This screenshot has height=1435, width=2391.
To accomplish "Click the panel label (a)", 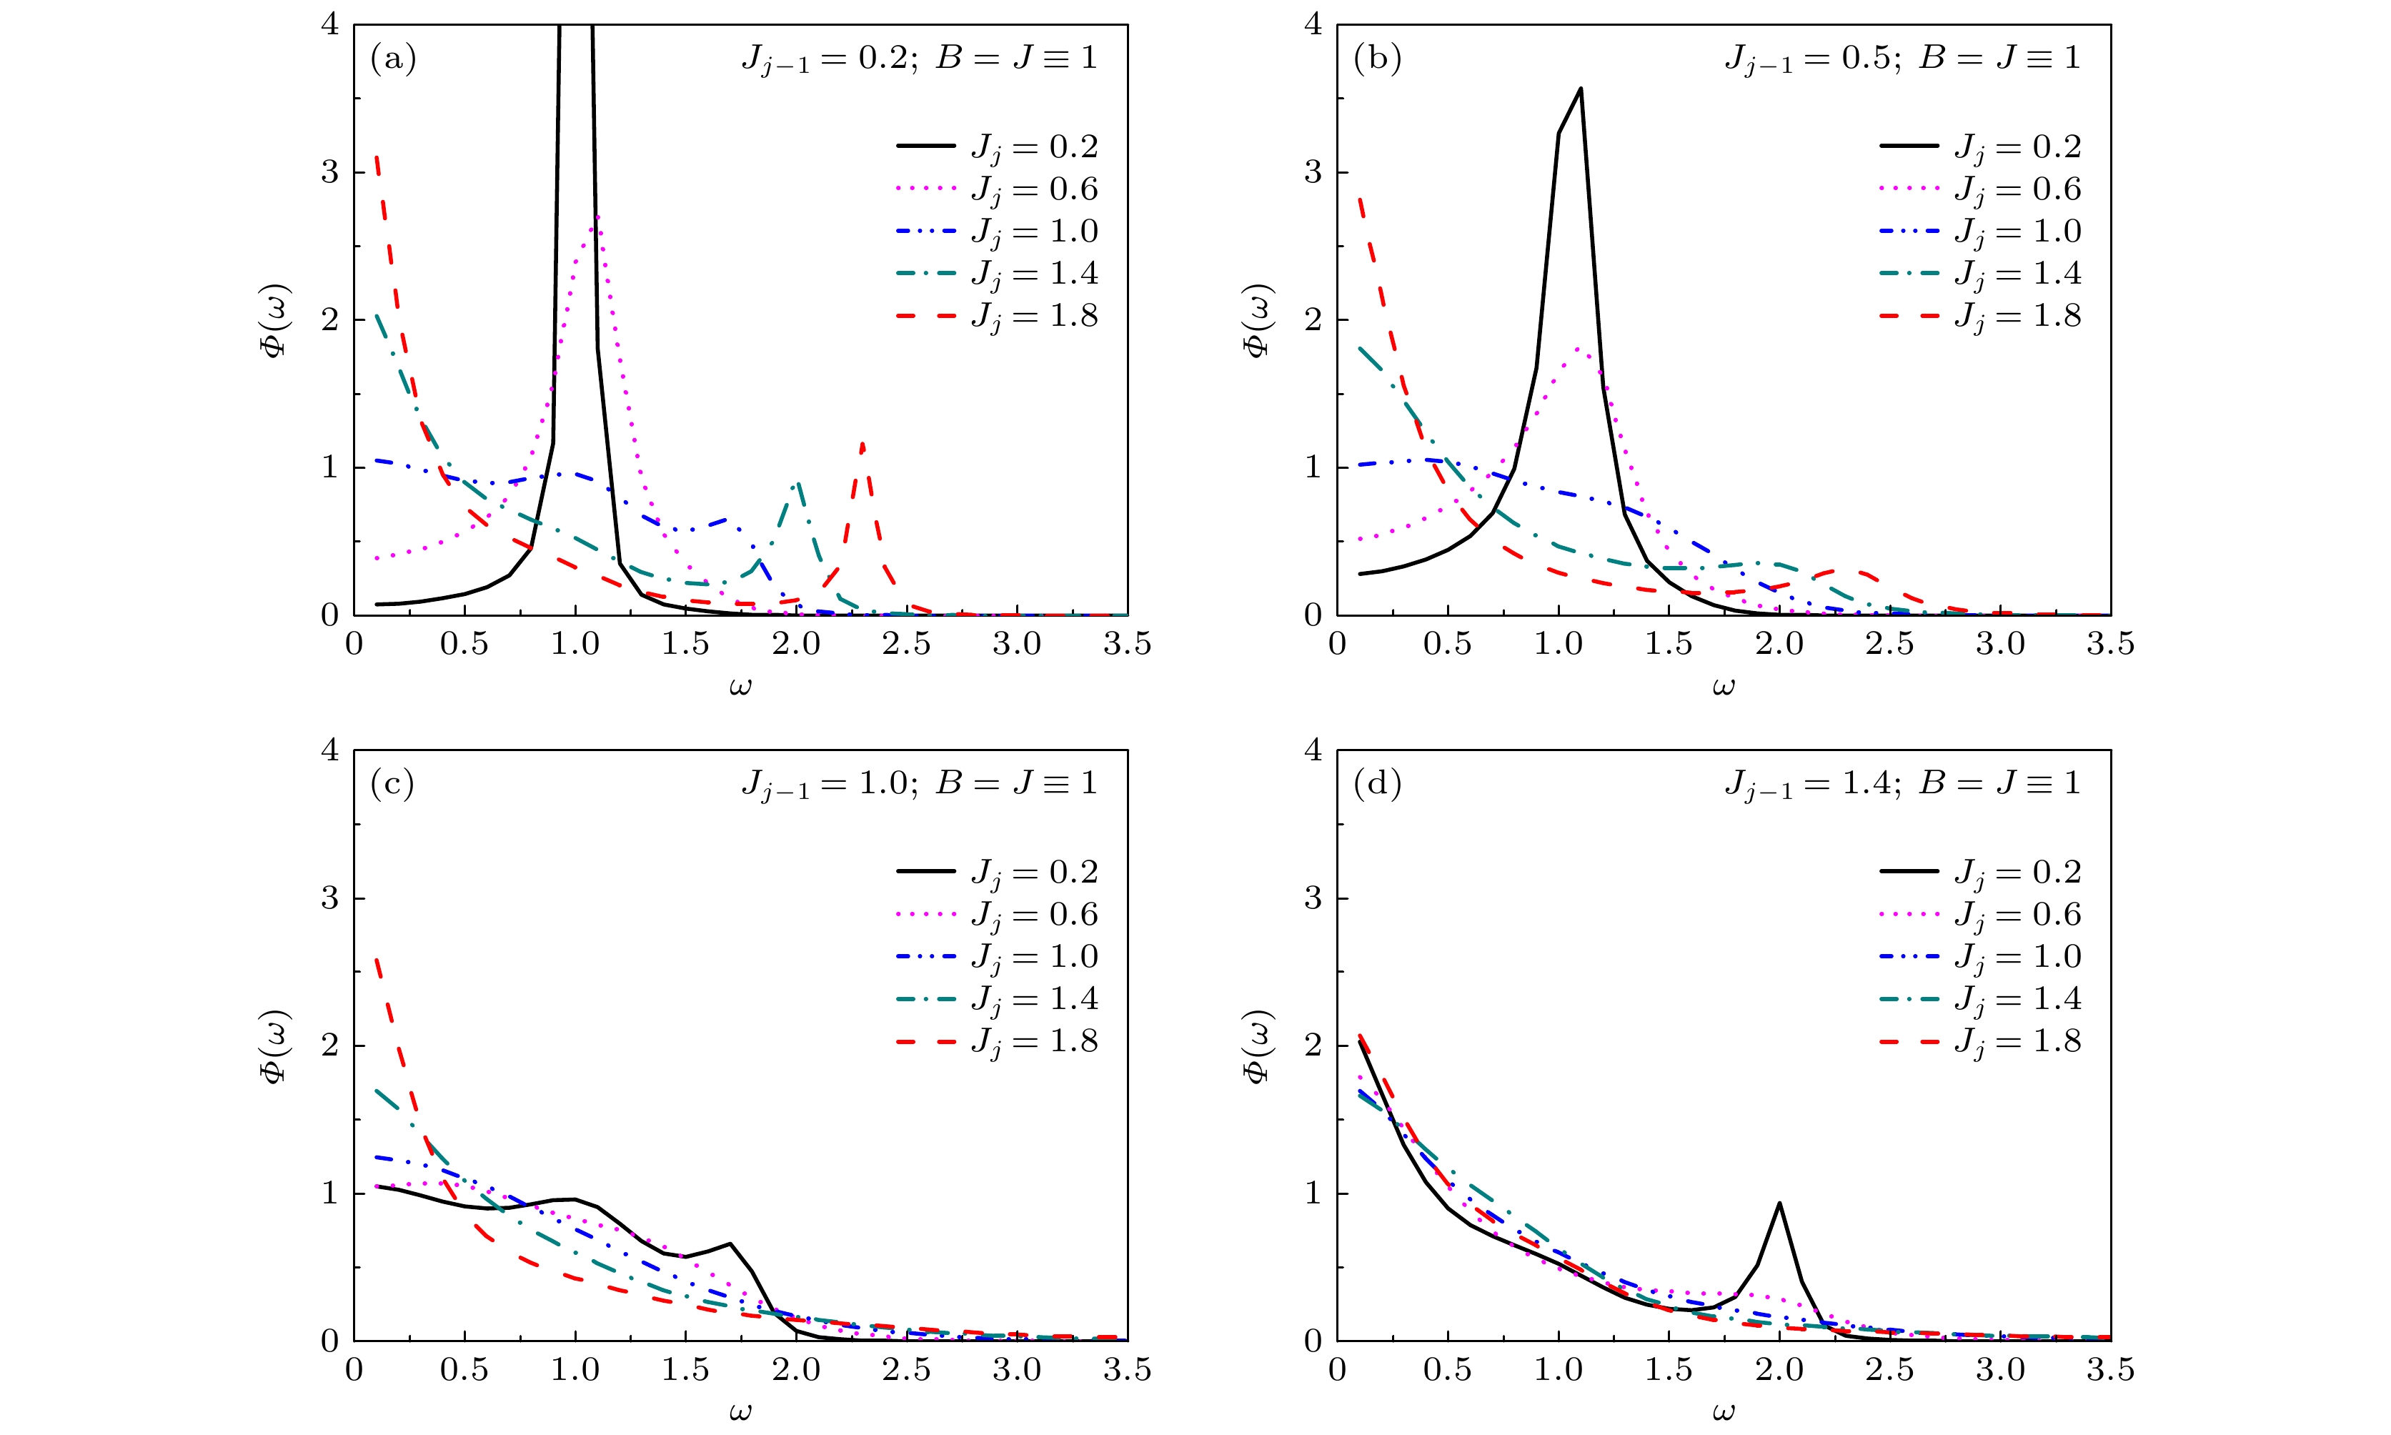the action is click(392, 59).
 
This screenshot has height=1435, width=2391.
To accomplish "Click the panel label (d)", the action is click(1377, 784).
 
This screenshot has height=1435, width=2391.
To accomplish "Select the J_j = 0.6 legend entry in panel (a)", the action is click(997, 189).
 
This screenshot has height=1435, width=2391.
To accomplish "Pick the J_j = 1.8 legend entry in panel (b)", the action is click(1980, 316).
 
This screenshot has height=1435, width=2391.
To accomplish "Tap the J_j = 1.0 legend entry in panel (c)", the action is click(997, 958).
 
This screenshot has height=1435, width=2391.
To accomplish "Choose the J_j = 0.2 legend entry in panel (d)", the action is click(1980, 872).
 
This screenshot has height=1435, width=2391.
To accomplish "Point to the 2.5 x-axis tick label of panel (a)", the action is click(907, 644).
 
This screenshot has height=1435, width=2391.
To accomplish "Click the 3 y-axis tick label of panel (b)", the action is click(1312, 172).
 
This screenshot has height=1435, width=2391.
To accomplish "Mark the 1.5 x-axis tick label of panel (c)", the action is click(685, 1369).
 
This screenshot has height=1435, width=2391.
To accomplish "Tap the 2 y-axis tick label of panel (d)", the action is click(1312, 1046).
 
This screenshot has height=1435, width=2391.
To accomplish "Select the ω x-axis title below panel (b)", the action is click(1723, 687).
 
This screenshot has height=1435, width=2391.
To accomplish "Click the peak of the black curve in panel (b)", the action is click(1580, 88).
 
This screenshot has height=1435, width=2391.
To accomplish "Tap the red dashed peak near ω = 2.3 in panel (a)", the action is click(862, 444).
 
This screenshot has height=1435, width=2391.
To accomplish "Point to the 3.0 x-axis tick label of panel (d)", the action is click(2000, 1369).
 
